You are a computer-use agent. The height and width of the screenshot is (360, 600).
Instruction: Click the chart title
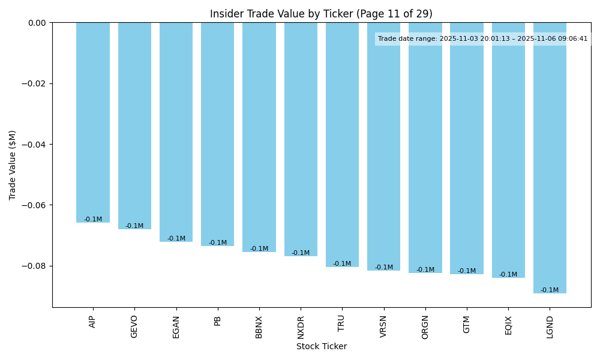click(321, 14)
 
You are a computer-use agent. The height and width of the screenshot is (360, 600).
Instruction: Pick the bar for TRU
click(342, 145)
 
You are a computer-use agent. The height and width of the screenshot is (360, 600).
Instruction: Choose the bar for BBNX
click(259, 137)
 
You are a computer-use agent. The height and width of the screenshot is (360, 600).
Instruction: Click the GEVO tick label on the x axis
click(134, 326)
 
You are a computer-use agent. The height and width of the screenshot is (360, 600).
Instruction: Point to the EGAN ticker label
click(176, 327)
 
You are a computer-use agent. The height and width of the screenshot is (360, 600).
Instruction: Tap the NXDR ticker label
click(301, 327)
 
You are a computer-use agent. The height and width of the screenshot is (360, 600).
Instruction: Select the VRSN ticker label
click(384, 327)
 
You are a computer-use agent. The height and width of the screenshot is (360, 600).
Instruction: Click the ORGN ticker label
click(425, 327)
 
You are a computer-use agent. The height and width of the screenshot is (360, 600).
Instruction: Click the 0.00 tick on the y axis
click(37, 23)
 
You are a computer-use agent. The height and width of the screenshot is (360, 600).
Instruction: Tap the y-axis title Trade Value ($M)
click(13, 165)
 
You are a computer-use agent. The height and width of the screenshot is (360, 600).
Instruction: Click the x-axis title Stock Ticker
click(321, 346)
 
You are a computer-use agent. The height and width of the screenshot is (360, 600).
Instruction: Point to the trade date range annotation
click(482, 39)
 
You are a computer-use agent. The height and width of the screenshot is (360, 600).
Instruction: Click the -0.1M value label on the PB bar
click(218, 243)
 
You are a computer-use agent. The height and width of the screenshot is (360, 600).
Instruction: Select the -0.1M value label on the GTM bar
click(467, 271)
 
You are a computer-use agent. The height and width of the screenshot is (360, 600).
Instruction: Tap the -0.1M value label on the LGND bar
click(550, 290)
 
